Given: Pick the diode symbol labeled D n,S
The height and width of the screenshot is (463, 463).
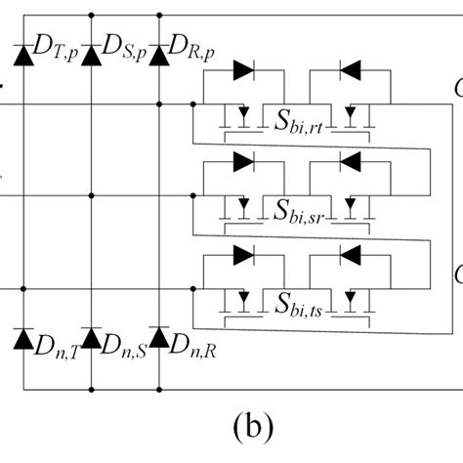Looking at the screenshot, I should click(x=91, y=338).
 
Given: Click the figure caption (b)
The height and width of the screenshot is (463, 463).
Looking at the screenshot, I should click(x=231, y=428).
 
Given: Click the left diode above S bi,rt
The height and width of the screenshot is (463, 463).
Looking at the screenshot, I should click(x=245, y=70).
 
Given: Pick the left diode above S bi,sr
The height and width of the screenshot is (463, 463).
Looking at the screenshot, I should click(x=245, y=161).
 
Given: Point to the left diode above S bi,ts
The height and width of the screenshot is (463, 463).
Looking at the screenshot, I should click(x=245, y=253).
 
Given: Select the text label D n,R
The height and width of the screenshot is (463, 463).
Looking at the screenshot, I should click(x=193, y=345).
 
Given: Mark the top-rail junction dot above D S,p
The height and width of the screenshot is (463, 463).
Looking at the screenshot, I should click(x=91, y=15).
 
